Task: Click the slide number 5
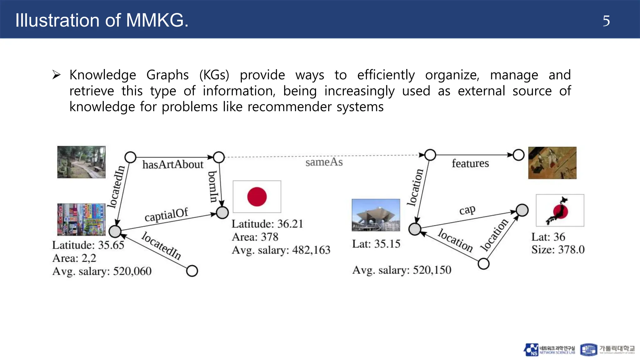point(606,21)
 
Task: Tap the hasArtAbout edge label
point(173,164)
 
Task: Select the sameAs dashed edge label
point(324,162)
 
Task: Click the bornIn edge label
point(213,187)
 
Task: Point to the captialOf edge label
point(166,215)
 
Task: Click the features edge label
point(470,163)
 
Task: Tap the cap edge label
point(467,210)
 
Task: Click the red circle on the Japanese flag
point(257,197)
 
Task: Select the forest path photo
point(81,162)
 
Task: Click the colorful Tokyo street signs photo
point(81,219)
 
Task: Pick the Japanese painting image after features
point(552,163)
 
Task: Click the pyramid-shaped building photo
point(376,215)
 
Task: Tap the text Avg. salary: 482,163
point(281,250)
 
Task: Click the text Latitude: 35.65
point(88,245)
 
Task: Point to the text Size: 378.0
point(558,249)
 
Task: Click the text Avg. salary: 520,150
point(402,270)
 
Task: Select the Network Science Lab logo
point(549,350)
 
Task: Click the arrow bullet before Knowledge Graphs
point(57,75)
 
